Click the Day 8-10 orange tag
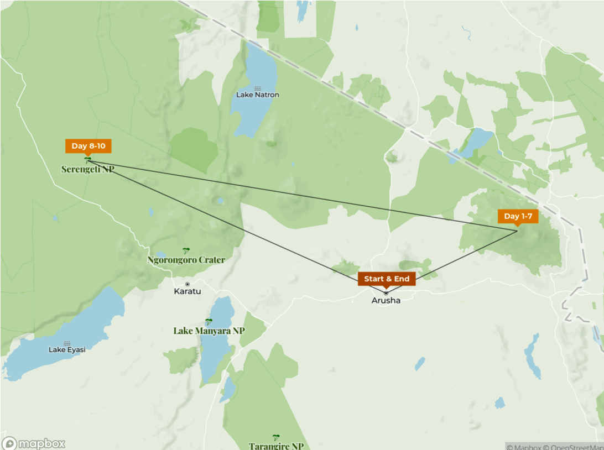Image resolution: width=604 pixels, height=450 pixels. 88,146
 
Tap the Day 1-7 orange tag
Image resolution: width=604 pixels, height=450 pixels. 518,216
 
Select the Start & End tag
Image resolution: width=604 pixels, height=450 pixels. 387,279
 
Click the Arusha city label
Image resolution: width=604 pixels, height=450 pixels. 386,301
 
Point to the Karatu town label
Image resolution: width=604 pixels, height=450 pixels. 188,291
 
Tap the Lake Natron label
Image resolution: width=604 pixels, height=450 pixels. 258,95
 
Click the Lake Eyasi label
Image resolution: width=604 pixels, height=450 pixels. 67,349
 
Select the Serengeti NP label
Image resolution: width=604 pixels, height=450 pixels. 87,170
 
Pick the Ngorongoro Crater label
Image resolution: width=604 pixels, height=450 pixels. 186,260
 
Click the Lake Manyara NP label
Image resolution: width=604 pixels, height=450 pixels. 209,331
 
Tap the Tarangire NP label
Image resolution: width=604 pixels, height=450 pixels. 276,446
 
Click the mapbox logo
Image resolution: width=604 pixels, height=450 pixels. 34,443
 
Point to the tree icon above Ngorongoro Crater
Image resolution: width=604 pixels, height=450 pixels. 186,251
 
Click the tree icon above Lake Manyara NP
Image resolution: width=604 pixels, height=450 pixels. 209,322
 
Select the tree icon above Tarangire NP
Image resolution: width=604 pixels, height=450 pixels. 276,437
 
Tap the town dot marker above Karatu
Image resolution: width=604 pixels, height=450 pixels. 188,284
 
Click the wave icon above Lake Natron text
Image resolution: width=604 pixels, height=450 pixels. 258,88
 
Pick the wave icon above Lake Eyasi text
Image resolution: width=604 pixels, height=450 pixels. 67,343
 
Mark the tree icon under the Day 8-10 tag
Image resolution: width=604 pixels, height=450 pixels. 87,160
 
